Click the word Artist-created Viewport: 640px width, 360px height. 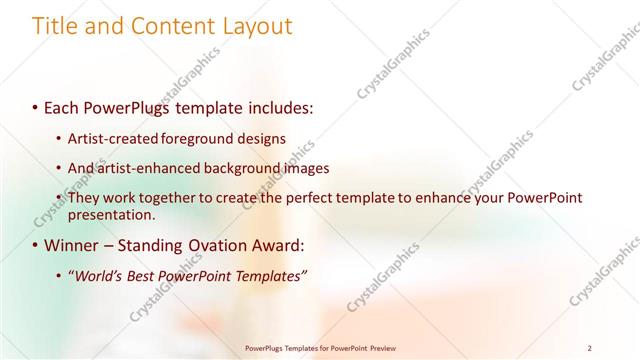point(116,138)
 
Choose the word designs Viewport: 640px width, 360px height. point(264,138)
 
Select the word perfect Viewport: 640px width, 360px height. point(310,198)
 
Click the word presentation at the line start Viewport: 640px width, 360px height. point(111,214)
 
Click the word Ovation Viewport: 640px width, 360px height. point(216,245)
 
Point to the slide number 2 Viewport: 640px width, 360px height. point(590,348)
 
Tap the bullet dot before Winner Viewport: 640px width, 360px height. point(37,245)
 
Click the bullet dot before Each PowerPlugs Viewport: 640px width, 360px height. point(37,105)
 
